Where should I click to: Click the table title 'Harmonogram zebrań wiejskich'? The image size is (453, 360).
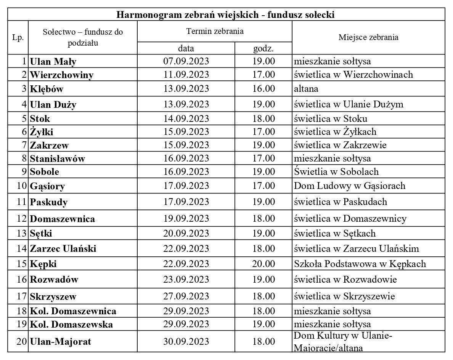pos(225,15)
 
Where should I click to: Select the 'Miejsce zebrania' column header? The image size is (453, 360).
pos(368,37)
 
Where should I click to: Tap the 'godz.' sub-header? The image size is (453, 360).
pos(263,49)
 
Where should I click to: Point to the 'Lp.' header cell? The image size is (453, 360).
pos(18,38)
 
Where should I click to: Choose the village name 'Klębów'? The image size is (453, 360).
pos(47,89)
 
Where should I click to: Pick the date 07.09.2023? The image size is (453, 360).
pos(186,61)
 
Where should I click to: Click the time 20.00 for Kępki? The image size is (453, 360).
pos(263,264)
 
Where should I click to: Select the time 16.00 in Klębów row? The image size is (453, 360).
pos(263,89)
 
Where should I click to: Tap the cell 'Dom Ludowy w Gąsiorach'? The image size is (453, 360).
pos(349,186)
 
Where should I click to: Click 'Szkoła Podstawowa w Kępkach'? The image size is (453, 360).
pos(360,264)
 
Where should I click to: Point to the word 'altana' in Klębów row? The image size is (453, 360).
pos(306,89)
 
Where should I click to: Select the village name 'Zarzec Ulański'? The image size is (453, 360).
pos(63,249)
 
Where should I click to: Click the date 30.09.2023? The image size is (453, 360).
pos(186,341)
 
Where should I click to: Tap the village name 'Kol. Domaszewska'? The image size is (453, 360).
pos(71,325)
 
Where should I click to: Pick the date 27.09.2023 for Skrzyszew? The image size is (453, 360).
pos(186,296)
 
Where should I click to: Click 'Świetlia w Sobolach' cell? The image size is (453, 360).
pos(336,172)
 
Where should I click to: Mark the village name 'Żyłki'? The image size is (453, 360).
pos(42,132)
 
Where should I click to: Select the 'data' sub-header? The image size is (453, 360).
pos(186,49)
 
